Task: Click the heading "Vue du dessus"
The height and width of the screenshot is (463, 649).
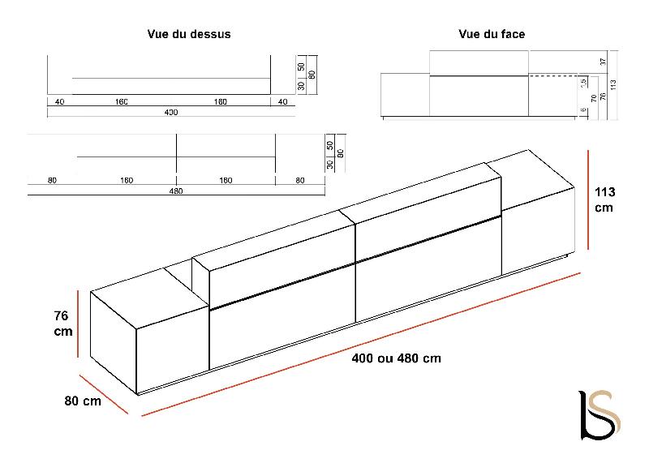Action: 189,34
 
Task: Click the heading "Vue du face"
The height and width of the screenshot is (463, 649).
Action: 491,34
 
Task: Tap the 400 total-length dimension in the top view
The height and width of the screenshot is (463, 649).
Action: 170,112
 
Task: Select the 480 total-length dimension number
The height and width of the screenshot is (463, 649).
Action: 176,191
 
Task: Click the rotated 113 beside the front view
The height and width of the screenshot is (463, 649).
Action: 614,84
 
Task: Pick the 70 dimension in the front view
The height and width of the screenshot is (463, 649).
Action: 593,96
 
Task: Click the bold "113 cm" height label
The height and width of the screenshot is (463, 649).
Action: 605,199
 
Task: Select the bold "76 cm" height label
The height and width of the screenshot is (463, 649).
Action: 63,324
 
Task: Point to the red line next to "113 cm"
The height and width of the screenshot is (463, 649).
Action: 587,199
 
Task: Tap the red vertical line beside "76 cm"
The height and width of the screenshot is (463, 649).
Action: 78,323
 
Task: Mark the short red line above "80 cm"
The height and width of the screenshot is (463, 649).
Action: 104,392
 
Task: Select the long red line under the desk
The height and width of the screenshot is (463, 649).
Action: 361,345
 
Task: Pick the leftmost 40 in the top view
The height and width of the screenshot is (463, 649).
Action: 60,102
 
